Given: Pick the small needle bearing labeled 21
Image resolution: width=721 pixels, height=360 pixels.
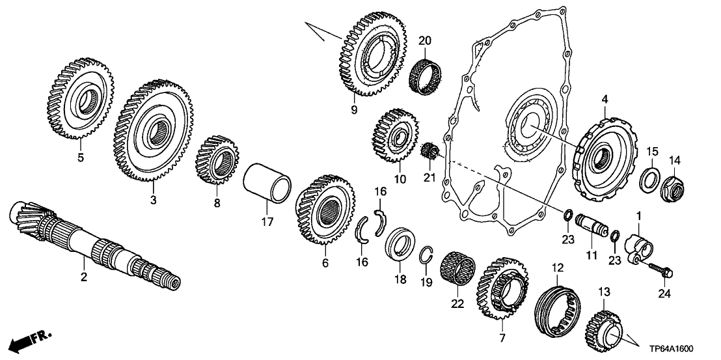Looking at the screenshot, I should tap(429, 152).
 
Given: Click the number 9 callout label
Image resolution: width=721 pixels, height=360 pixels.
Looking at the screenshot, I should tap(354, 110).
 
